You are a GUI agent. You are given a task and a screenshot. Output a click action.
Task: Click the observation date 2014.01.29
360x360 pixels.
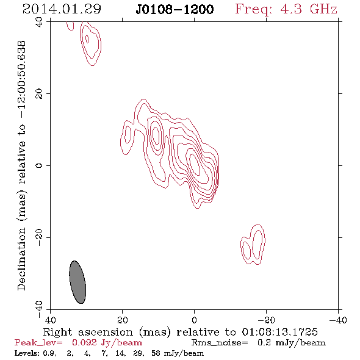[62, 9]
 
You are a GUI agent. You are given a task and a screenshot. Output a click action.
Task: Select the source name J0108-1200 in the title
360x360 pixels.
[175, 10]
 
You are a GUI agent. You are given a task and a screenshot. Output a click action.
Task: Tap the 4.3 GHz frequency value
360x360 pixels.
[309, 9]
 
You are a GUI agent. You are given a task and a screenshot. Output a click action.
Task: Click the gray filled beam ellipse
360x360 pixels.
[77, 282]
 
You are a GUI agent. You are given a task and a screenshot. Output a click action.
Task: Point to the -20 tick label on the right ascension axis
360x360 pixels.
[266, 320]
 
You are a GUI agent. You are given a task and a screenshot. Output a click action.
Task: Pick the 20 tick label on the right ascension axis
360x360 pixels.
[123, 320]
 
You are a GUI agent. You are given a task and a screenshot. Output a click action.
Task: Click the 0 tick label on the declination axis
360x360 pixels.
[39, 165]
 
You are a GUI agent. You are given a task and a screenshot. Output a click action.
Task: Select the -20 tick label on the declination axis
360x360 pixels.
[39, 237]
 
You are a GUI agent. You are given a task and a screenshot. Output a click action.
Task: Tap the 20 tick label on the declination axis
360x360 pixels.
[39, 94]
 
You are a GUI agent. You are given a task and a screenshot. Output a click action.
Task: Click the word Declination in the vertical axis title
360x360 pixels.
[21, 259]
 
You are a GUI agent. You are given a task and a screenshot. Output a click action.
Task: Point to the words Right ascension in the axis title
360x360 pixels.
[88, 332]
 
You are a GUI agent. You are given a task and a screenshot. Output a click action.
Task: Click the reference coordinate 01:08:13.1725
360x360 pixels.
[279, 332]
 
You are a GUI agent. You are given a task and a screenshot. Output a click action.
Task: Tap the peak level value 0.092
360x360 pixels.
[84, 342]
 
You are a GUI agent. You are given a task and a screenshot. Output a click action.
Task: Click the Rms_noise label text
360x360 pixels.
[220, 343]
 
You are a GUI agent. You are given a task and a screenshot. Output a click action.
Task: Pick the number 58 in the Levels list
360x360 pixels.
[156, 353]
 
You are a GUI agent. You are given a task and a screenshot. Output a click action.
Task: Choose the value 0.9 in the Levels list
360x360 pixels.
[49, 353]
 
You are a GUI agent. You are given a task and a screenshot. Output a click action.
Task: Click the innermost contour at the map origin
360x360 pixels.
[194, 164]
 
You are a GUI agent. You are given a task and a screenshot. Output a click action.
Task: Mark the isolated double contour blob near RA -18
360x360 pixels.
[253, 245]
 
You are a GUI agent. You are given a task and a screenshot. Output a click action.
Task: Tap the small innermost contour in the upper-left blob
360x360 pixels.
[87, 39]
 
